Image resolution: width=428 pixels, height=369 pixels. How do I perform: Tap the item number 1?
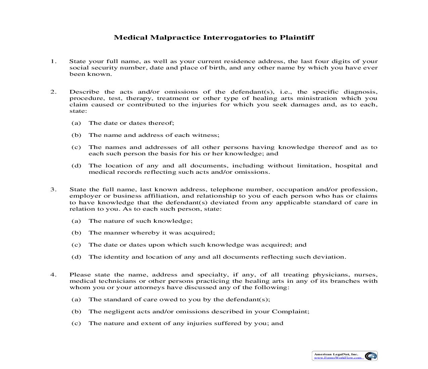[53, 61]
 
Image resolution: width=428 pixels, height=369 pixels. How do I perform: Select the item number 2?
[53, 92]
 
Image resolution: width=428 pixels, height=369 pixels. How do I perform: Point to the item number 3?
[53, 190]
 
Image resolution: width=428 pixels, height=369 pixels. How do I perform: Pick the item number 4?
[53, 275]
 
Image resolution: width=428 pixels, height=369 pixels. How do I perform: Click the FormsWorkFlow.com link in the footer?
[338, 358]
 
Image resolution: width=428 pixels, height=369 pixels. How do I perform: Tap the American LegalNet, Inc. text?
[336, 354]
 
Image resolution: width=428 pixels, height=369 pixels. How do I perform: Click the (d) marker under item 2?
[76, 166]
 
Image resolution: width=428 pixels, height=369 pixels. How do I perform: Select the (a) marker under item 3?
[76, 221]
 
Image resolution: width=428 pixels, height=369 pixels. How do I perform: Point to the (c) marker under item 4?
[76, 323]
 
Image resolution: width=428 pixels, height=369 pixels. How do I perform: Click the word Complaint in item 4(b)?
[290, 312]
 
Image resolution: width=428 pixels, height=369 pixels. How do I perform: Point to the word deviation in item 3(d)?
[331, 257]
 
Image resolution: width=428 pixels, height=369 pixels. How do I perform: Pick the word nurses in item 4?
[366, 275]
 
